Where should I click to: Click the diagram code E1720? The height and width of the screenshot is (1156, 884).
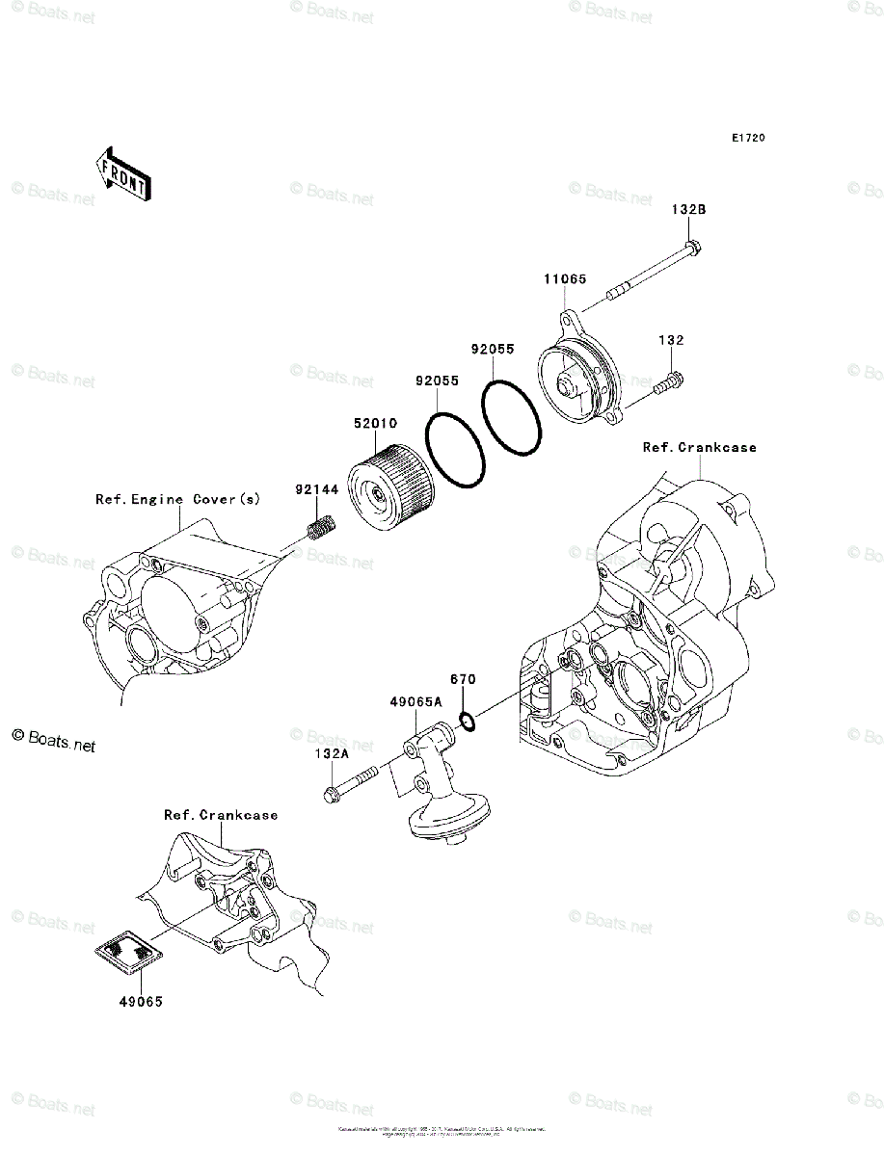click(x=747, y=139)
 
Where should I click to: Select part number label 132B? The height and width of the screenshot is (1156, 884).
click(x=689, y=210)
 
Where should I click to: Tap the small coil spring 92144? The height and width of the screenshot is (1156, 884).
click(x=319, y=528)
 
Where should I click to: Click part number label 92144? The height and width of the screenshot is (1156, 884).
click(x=318, y=490)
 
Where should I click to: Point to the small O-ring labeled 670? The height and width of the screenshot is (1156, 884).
click(x=466, y=721)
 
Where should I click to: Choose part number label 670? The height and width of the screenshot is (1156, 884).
click(x=464, y=679)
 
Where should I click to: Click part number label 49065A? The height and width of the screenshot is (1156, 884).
click(x=415, y=702)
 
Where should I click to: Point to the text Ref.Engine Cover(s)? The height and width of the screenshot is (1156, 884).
click(x=177, y=499)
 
